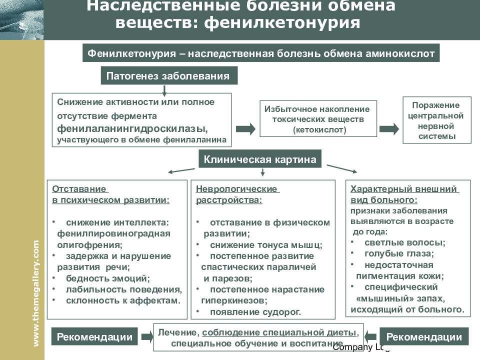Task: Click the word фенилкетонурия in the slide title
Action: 282,22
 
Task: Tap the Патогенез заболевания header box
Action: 169,75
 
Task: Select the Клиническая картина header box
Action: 260,159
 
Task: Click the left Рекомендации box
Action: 94,336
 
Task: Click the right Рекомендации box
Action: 424,336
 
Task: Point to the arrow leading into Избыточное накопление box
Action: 245,129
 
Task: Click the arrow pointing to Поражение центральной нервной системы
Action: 389,129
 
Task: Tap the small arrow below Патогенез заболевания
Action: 164,90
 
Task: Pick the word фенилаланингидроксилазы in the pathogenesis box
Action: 132,128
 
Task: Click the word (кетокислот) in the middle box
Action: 319,130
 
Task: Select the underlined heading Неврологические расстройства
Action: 237,194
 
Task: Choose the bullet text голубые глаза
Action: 399,253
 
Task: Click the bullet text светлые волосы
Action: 404,242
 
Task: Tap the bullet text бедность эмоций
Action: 108,278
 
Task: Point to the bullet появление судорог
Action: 255,312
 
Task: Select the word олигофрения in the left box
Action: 89,245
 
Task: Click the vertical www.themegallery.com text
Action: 36,293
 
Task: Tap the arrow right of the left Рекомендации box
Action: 147,336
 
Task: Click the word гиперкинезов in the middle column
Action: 234,300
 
